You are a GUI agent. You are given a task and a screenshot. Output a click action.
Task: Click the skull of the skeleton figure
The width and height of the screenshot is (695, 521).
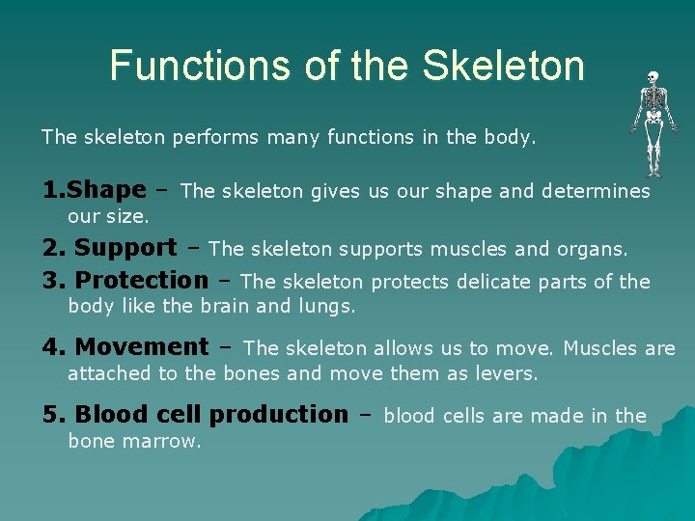653,77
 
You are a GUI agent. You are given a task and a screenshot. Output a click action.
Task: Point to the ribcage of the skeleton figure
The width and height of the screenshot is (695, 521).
653,97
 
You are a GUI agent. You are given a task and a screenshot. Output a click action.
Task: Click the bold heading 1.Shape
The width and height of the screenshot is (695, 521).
94,190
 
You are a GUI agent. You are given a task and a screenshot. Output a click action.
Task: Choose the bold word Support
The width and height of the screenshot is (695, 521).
125,248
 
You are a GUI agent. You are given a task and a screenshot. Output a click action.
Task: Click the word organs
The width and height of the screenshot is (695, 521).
592,249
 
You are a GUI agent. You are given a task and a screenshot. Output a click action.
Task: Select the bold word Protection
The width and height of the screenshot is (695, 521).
141,281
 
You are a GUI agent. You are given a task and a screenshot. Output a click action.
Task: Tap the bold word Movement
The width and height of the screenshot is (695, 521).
141,346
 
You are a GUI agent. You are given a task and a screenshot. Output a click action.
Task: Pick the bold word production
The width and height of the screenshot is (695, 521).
278,415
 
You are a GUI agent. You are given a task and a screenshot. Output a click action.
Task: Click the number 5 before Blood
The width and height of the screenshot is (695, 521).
49,415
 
